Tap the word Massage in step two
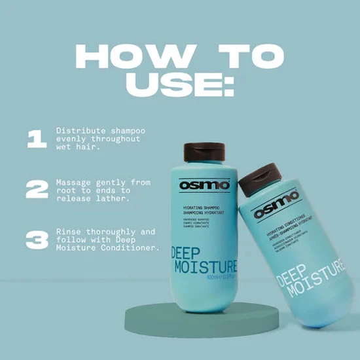(73, 181)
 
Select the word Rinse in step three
(67, 232)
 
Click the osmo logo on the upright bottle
(206, 185)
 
